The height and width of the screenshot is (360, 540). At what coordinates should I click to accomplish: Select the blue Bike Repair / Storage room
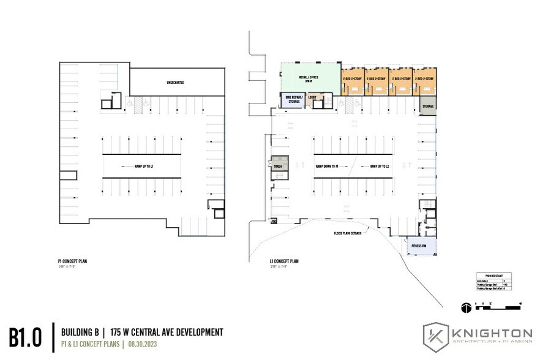point(290,101)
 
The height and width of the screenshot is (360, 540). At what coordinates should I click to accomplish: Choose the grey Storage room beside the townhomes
point(427,106)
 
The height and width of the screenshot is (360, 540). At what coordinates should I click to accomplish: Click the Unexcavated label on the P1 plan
point(175,82)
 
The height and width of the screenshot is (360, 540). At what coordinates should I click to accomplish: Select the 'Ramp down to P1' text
point(331,166)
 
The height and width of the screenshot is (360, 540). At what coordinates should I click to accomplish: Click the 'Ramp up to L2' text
point(380,166)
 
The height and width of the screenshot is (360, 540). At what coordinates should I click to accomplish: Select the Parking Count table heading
point(493,276)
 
